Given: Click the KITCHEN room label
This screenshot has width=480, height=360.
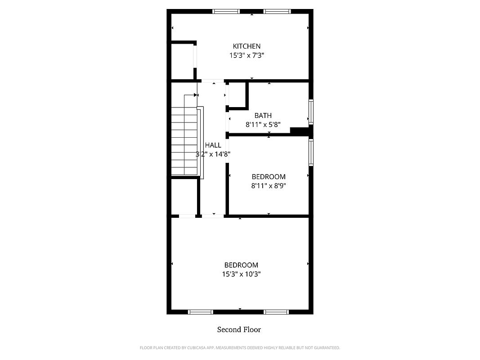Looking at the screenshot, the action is (x=247, y=46).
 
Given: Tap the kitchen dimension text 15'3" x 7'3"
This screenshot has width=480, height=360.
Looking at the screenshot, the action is (x=247, y=55).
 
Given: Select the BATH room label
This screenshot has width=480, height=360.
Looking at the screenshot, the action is (x=263, y=115).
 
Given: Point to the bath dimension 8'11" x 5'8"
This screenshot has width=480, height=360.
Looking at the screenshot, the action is (x=263, y=125).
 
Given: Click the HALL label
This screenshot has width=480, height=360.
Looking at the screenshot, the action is (x=213, y=145).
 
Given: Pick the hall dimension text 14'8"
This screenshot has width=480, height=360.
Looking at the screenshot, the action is (x=222, y=154).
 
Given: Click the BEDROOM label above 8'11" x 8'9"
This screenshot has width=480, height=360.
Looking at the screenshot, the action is (x=269, y=177).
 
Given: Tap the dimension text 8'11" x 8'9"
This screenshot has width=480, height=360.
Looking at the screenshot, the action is (x=269, y=185).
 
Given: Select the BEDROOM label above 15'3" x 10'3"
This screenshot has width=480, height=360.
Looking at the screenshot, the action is (x=241, y=265).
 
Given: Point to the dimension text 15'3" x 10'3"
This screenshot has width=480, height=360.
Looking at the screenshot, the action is (x=241, y=274).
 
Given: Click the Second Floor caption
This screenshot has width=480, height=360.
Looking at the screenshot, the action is (x=239, y=330).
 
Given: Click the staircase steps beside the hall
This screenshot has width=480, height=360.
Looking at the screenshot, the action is (x=184, y=141).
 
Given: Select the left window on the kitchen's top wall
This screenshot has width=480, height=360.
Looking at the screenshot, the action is (x=226, y=12).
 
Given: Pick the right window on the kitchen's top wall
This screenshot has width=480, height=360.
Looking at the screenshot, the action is (x=277, y=12).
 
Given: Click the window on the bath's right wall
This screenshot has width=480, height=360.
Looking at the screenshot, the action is (x=311, y=112).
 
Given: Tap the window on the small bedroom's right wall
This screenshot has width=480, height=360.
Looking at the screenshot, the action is (x=311, y=153).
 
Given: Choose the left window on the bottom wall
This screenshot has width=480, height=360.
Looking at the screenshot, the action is (x=201, y=312).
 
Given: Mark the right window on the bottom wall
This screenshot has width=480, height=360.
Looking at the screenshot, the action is (x=276, y=312).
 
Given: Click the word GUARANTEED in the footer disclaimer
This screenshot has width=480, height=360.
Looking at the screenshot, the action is (x=328, y=348).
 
